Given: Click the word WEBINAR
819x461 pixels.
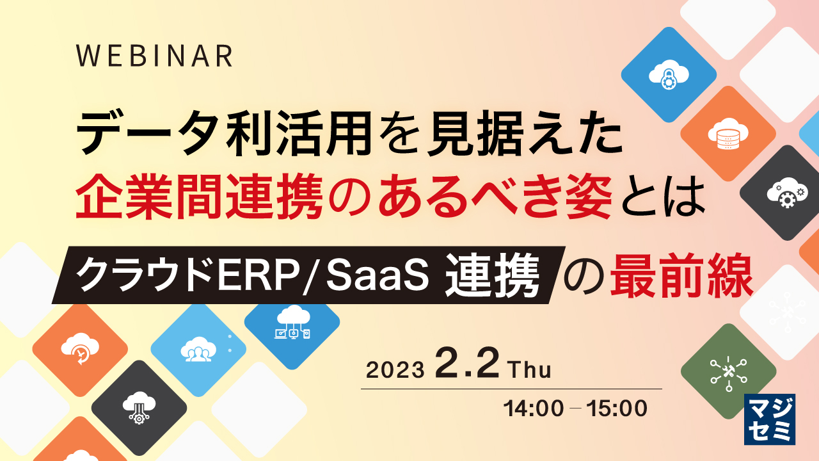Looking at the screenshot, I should point(154,56).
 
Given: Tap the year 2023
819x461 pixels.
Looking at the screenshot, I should point(395,370).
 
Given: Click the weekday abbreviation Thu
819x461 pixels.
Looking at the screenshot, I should point(529,370).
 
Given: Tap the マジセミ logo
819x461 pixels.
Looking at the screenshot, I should point(770,419).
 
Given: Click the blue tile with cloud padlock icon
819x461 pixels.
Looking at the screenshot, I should point(668,74).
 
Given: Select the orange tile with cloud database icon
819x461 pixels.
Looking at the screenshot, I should point(727,133).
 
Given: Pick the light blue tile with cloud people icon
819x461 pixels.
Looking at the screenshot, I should point(198,349).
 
